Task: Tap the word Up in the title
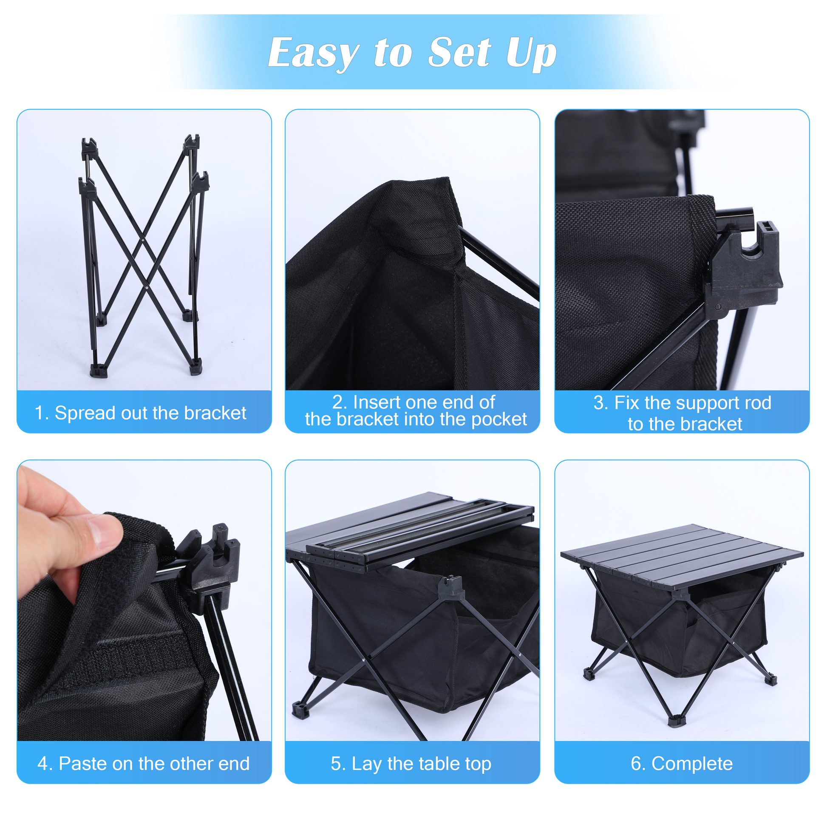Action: [531, 53]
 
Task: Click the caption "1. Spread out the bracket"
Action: [140, 413]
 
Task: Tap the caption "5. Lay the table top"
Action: [411, 764]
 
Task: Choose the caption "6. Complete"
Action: [682, 764]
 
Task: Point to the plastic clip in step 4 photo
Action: [214, 561]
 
